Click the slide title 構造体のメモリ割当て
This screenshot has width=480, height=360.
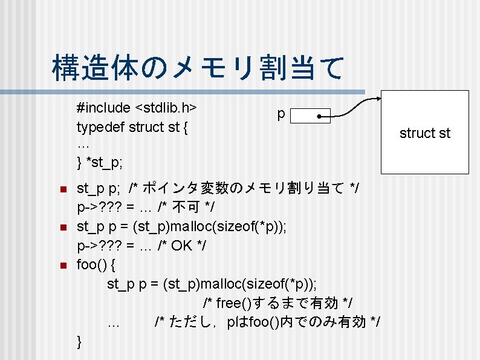198,68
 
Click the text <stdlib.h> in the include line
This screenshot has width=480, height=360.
165,108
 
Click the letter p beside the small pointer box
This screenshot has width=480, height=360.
281,114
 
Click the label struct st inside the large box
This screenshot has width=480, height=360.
425,133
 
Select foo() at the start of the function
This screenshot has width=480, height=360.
91,265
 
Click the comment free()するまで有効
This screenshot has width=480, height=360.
277,303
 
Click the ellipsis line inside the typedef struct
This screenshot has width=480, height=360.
83,145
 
